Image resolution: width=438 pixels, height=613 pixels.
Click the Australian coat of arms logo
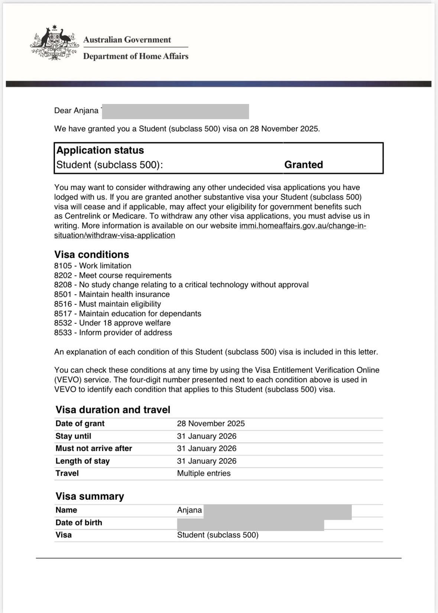pos(54,43)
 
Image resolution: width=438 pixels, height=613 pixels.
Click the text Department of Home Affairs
pos(136,56)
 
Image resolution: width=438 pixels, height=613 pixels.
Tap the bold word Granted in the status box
pos(303,164)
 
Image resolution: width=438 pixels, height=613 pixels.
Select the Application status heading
pos(100,150)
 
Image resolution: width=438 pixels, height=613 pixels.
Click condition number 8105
pos(63,266)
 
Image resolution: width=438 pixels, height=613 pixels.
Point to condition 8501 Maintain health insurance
pos(112,294)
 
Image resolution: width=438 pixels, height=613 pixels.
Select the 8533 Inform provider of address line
pos(113,333)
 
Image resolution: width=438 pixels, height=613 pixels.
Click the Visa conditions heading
pos(92,255)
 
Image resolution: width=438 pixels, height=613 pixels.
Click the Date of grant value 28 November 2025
pos(211,424)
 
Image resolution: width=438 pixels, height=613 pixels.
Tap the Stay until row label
pos(73,436)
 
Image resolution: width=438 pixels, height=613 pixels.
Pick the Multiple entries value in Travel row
pos(204,473)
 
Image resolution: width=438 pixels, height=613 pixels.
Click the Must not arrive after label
pos(94,449)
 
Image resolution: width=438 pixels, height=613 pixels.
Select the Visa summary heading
pos(90,496)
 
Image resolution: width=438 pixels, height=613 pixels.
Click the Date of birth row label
pos(79,523)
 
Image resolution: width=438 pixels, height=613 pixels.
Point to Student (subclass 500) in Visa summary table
pos(217,535)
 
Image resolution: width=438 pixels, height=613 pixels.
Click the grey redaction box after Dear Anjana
pos(175,111)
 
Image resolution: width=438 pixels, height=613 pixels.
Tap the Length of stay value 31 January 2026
pos(207,461)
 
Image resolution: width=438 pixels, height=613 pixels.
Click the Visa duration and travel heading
pos(113,410)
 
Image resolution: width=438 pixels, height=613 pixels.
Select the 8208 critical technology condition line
pos(181,285)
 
